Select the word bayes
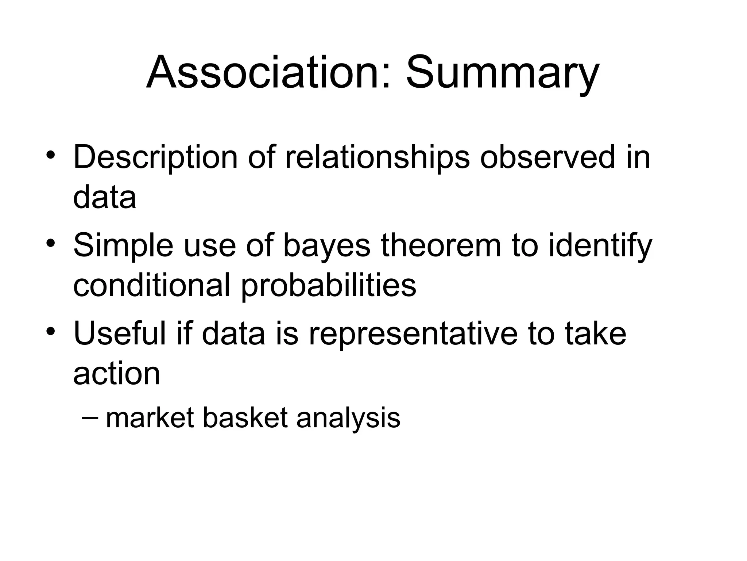coord(327,245)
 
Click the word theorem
coord(441,245)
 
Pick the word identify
coord(600,245)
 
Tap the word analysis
coord(348,418)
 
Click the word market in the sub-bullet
coord(150,418)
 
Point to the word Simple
coord(123,245)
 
